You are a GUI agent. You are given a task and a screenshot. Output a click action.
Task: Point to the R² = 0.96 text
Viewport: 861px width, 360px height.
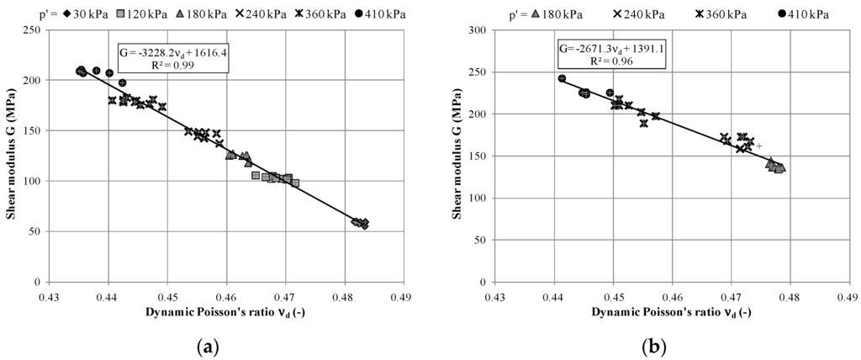tap(602, 61)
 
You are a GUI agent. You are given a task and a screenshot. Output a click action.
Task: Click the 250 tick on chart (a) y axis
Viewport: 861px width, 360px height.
tap(37, 29)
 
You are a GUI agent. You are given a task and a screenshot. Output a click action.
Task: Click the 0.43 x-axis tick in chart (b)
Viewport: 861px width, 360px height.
tap(496, 297)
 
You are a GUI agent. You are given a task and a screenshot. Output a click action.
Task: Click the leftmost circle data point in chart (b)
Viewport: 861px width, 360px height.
tap(562, 78)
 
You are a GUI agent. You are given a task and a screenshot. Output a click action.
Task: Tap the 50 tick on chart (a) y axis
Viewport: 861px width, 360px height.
tap(40, 231)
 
